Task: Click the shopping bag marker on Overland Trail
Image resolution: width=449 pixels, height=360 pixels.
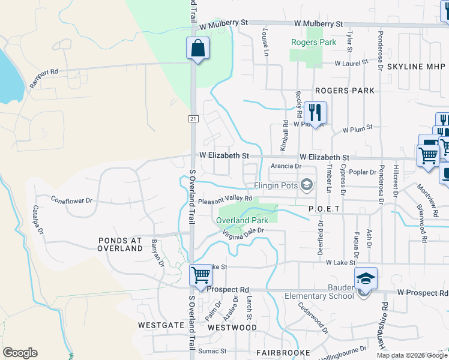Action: click(x=197, y=48)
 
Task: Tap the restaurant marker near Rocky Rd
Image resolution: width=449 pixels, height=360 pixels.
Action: click(x=315, y=112)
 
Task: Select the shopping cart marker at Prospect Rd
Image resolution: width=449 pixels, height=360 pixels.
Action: click(x=201, y=275)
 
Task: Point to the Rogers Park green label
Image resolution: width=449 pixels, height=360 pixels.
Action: click(x=313, y=43)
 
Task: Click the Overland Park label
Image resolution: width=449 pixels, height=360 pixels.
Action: click(x=242, y=221)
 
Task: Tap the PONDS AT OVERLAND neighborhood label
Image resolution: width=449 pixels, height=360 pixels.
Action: click(x=120, y=244)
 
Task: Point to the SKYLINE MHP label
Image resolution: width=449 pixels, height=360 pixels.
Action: click(x=417, y=67)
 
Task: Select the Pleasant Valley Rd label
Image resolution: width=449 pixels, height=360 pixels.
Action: click(x=224, y=200)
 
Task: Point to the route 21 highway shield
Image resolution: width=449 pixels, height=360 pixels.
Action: click(x=193, y=119)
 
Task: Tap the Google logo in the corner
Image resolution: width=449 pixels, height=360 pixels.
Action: click(x=20, y=353)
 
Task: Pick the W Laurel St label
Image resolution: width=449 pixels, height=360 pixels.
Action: click(x=351, y=63)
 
